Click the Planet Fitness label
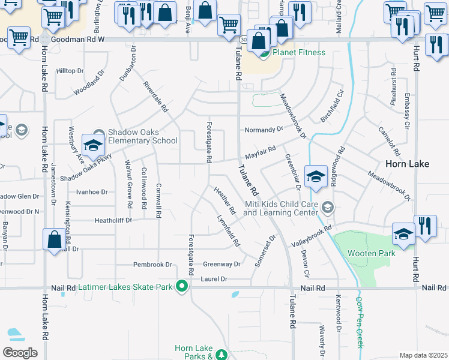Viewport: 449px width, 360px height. [x=299, y=52]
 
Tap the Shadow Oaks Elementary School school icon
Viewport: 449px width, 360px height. [x=94, y=144]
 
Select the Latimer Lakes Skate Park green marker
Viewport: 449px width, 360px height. [x=181, y=287]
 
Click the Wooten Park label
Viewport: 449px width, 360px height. [x=372, y=253]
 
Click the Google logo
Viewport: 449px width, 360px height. [x=20, y=352]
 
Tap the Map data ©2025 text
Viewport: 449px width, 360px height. [x=424, y=355]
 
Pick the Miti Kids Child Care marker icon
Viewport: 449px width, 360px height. [x=327, y=208]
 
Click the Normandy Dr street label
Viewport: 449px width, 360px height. [x=264, y=130]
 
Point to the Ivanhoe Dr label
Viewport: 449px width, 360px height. [x=91, y=193]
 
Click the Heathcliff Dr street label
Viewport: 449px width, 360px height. [x=113, y=221]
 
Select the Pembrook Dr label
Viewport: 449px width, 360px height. [x=152, y=265]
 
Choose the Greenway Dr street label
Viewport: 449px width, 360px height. [x=221, y=264]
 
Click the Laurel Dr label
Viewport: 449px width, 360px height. [x=214, y=279]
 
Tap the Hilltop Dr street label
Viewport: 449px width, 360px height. [x=70, y=71]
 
